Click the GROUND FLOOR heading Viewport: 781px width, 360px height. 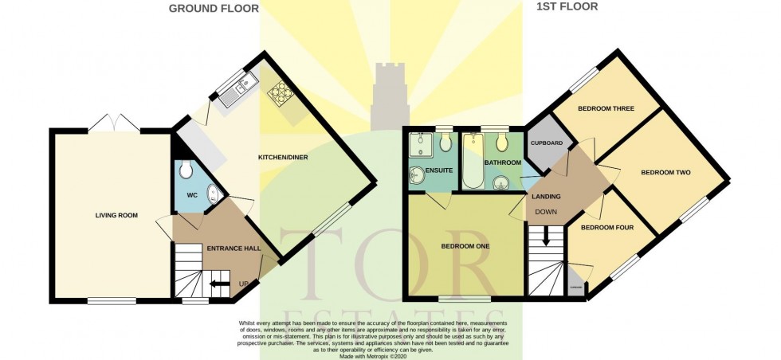(214, 9)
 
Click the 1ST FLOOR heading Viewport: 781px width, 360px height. (565, 7)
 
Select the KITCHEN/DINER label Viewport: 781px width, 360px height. (282, 157)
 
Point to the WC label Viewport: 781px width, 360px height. (191, 195)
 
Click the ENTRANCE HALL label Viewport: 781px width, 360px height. (234, 248)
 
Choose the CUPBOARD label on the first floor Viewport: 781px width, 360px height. (547, 143)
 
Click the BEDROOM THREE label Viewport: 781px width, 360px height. (606, 108)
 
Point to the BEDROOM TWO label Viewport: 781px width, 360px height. (665, 172)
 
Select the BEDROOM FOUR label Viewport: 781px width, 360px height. (606, 228)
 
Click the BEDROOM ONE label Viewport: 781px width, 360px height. (465, 246)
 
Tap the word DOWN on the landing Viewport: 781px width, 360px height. (547, 212)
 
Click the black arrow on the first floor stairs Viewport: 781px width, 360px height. (546, 236)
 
